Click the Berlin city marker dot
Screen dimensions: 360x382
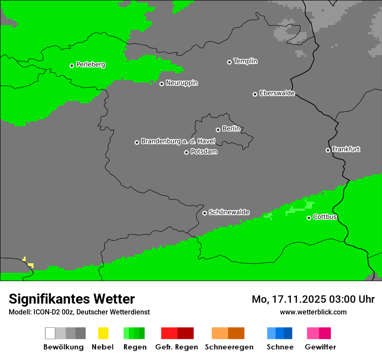[218, 130]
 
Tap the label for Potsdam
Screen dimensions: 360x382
[204, 152]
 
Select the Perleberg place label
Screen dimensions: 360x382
[90, 65]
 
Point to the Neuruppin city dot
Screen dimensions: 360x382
[161, 84]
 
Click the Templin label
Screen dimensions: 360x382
[245, 61]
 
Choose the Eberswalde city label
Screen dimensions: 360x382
[277, 93]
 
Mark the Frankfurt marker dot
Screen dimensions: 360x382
[328, 150]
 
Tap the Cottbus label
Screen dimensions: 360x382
[325, 217]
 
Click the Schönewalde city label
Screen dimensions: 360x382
[229, 213]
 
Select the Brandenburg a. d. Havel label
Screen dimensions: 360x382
[178, 141]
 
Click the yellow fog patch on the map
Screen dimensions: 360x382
[30, 265]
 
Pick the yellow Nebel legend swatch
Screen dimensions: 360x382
[103, 333]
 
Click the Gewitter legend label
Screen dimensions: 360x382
[320, 347]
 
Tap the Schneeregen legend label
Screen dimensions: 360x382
[229, 347]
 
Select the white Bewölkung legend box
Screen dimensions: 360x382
[50, 333]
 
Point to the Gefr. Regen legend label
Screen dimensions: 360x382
[176, 347]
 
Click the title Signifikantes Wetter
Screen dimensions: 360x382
[72, 299]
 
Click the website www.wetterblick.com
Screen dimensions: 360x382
[313, 312]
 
